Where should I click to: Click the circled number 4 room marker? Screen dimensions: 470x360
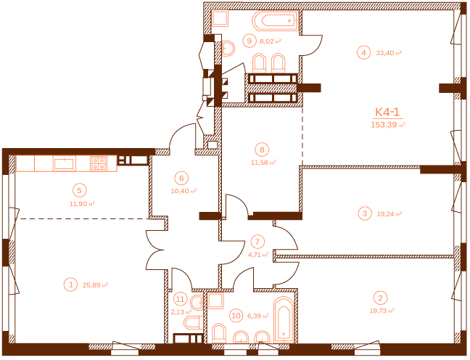click(x=363, y=53)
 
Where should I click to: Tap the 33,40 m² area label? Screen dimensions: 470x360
click(x=389, y=53)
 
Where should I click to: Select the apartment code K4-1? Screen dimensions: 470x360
click(x=387, y=112)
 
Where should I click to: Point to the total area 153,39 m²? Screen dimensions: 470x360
click(x=388, y=125)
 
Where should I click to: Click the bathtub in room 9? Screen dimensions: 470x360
click(x=276, y=21)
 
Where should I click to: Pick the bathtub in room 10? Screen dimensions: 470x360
click(x=284, y=319)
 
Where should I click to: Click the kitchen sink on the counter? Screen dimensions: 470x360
click(x=64, y=163)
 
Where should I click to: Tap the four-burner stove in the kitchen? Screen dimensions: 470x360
click(x=99, y=163)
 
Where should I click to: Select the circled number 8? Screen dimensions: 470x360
click(x=262, y=150)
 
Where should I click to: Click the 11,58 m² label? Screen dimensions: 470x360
click(x=263, y=163)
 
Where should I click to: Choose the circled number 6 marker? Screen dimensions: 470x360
click(x=181, y=179)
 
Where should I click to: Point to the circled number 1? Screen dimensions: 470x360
click(x=71, y=285)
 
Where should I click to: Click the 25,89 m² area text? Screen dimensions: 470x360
click(x=95, y=285)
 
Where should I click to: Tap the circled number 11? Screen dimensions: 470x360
click(x=180, y=299)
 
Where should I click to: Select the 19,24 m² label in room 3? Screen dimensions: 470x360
click(x=389, y=214)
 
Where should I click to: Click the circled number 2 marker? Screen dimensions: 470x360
click(x=380, y=298)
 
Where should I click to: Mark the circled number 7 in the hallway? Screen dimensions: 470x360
click(x=257, y=242)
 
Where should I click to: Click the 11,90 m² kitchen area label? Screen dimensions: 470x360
click(x=82, y=204)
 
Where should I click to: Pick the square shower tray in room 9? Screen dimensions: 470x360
click(x=220, y=18)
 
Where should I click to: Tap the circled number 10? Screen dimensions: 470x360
click(x=236, y=316)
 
